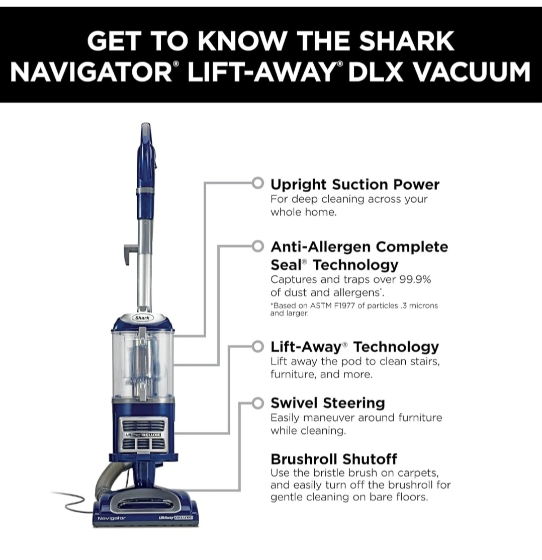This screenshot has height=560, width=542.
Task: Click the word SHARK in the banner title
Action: tap(406, 41)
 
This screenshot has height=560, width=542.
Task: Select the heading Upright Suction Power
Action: tap(355, 185)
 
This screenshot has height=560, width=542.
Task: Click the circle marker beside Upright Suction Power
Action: tap(257, 183)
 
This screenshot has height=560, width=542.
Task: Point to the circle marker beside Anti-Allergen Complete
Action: tap(257, 246)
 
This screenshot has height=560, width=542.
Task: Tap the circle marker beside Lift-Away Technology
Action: tap(257, 347)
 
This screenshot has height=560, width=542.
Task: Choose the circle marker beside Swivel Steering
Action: tap(257, 403)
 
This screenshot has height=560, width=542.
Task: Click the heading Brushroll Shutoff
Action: tap(334, 459)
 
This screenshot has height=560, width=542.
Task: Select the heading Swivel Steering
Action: tap(328, 403)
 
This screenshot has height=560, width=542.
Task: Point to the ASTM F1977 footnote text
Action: tap(354, 309)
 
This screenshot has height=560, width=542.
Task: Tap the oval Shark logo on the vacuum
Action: tap(142, 317)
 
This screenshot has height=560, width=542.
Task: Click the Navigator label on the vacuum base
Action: tap(112, 518)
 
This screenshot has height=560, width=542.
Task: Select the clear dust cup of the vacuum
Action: tap(143, 364)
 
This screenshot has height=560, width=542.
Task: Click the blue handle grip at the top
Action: tap(146, 157)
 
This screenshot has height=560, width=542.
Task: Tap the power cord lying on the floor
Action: tap(73, 502)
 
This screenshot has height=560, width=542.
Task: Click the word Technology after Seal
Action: tap(355, 265)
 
